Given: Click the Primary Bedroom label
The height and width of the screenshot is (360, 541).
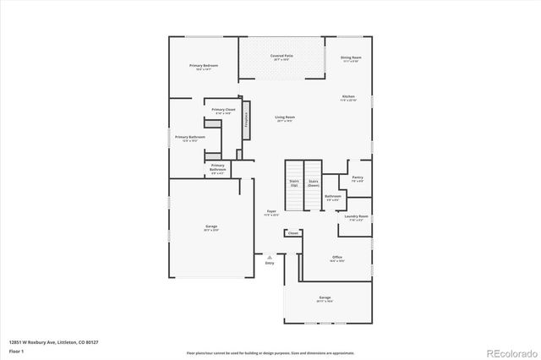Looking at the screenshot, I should (x=204, y=67).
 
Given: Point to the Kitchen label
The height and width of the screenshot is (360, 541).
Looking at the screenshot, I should (x=349, y=99).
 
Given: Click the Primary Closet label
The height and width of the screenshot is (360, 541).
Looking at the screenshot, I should (x=223, y=111).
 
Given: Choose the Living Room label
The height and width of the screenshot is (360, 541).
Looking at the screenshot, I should (x=284, y=119).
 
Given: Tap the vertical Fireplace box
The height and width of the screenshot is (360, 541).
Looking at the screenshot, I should (x=247, y=119).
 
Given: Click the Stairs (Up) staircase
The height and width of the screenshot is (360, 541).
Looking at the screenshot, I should (x=293, y=184).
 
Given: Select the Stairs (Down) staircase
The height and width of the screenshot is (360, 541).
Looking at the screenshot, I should (x=313, y=184).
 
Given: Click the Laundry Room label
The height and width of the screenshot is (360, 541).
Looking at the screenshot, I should (x=356, y=218).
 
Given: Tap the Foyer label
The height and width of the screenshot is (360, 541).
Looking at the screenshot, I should (x=272, y=213).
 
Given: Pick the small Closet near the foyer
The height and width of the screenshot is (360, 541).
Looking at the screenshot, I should (x=292, y=232).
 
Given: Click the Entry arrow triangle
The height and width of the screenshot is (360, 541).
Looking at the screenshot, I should (x=270, y=256).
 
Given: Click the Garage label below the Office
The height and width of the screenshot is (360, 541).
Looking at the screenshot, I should (x=325, y=298).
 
